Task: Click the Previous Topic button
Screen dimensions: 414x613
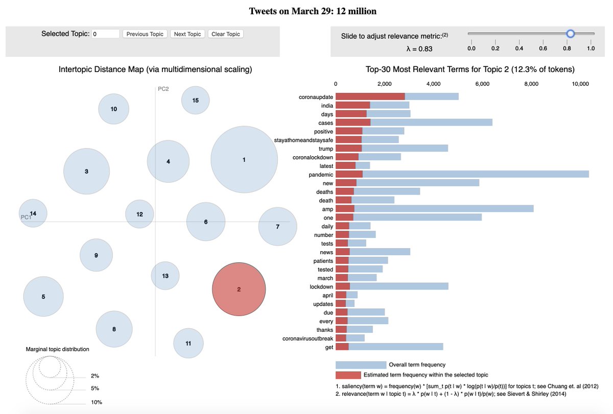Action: coord(145,34)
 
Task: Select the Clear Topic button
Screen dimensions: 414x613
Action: coord(226,34)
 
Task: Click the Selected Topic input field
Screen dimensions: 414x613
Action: coord(106,34)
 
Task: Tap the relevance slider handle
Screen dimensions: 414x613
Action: coord(571,34)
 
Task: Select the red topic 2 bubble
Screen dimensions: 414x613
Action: coord(239,289)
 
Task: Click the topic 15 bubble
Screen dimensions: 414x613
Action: coord(195,101)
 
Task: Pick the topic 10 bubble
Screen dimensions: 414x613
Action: coord(114,109)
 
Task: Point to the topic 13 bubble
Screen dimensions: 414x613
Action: coord(165,276)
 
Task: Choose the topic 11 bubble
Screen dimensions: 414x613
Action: coord(188,343)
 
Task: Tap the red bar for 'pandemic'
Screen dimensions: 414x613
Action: coord(349,174)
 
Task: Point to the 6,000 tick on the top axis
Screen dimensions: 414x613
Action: coord(482,84)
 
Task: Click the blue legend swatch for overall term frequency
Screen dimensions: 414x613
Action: coord(361,365)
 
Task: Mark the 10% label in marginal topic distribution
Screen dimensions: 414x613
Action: coord(96,402)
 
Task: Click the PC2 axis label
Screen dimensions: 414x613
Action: coord(163,89)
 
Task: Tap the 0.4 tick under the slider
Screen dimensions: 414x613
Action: coord(519,48)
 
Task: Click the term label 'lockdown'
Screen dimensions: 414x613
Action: coord(321,287)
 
